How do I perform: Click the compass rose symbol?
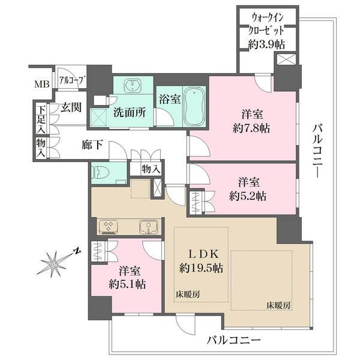pyautogui.click(x=56, y=263)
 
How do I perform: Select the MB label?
pyautogui.click(x=41, y=84)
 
